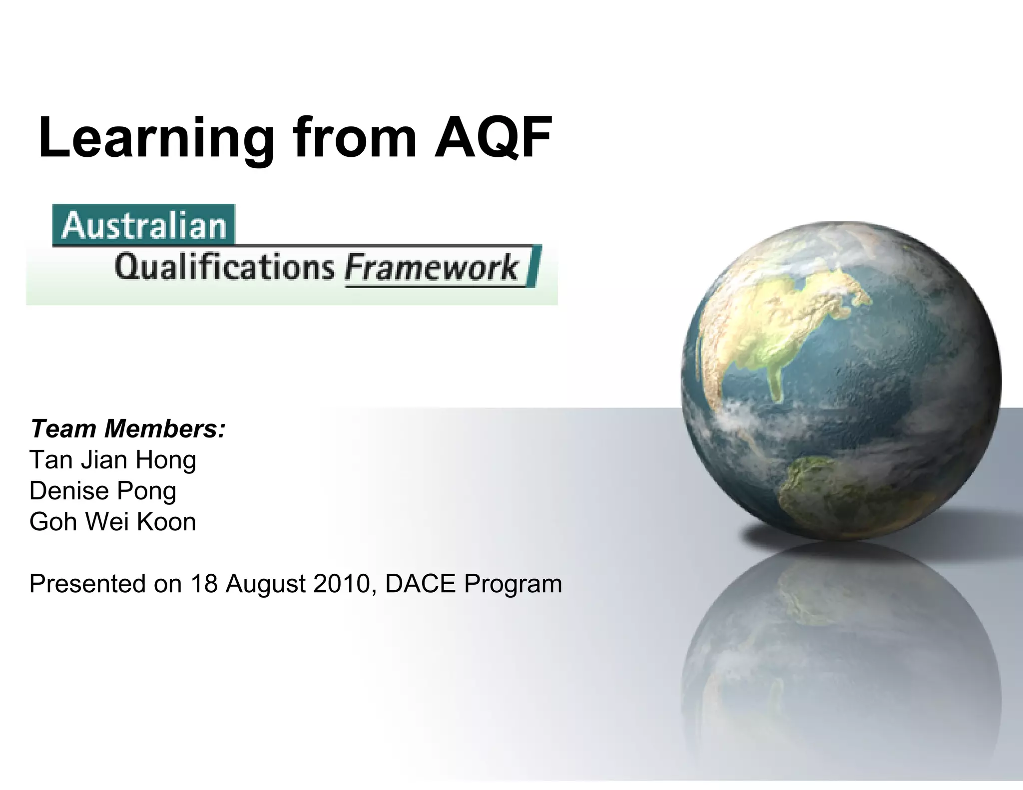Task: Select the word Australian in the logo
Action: [x=144, y=226]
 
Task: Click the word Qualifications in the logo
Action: [x=224, y=267]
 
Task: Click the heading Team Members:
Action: [x=128, y=428]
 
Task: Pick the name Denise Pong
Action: [x=103, y=490]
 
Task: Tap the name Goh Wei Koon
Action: [x=113, y=521]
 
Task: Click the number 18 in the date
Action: [x=204, y=583]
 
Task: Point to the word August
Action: [x=265, y=583]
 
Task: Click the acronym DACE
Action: [x=421, y=583]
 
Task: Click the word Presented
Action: [x=88, y=583]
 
